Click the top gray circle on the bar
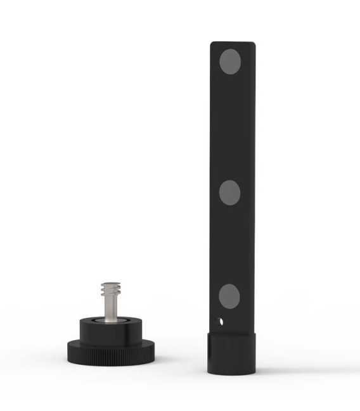point(229,61)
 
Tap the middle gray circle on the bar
point(229,191)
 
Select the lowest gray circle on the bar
point(229,295)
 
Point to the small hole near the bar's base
point(221,320)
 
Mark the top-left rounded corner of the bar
point(214,45)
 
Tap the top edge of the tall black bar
point(233,43)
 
